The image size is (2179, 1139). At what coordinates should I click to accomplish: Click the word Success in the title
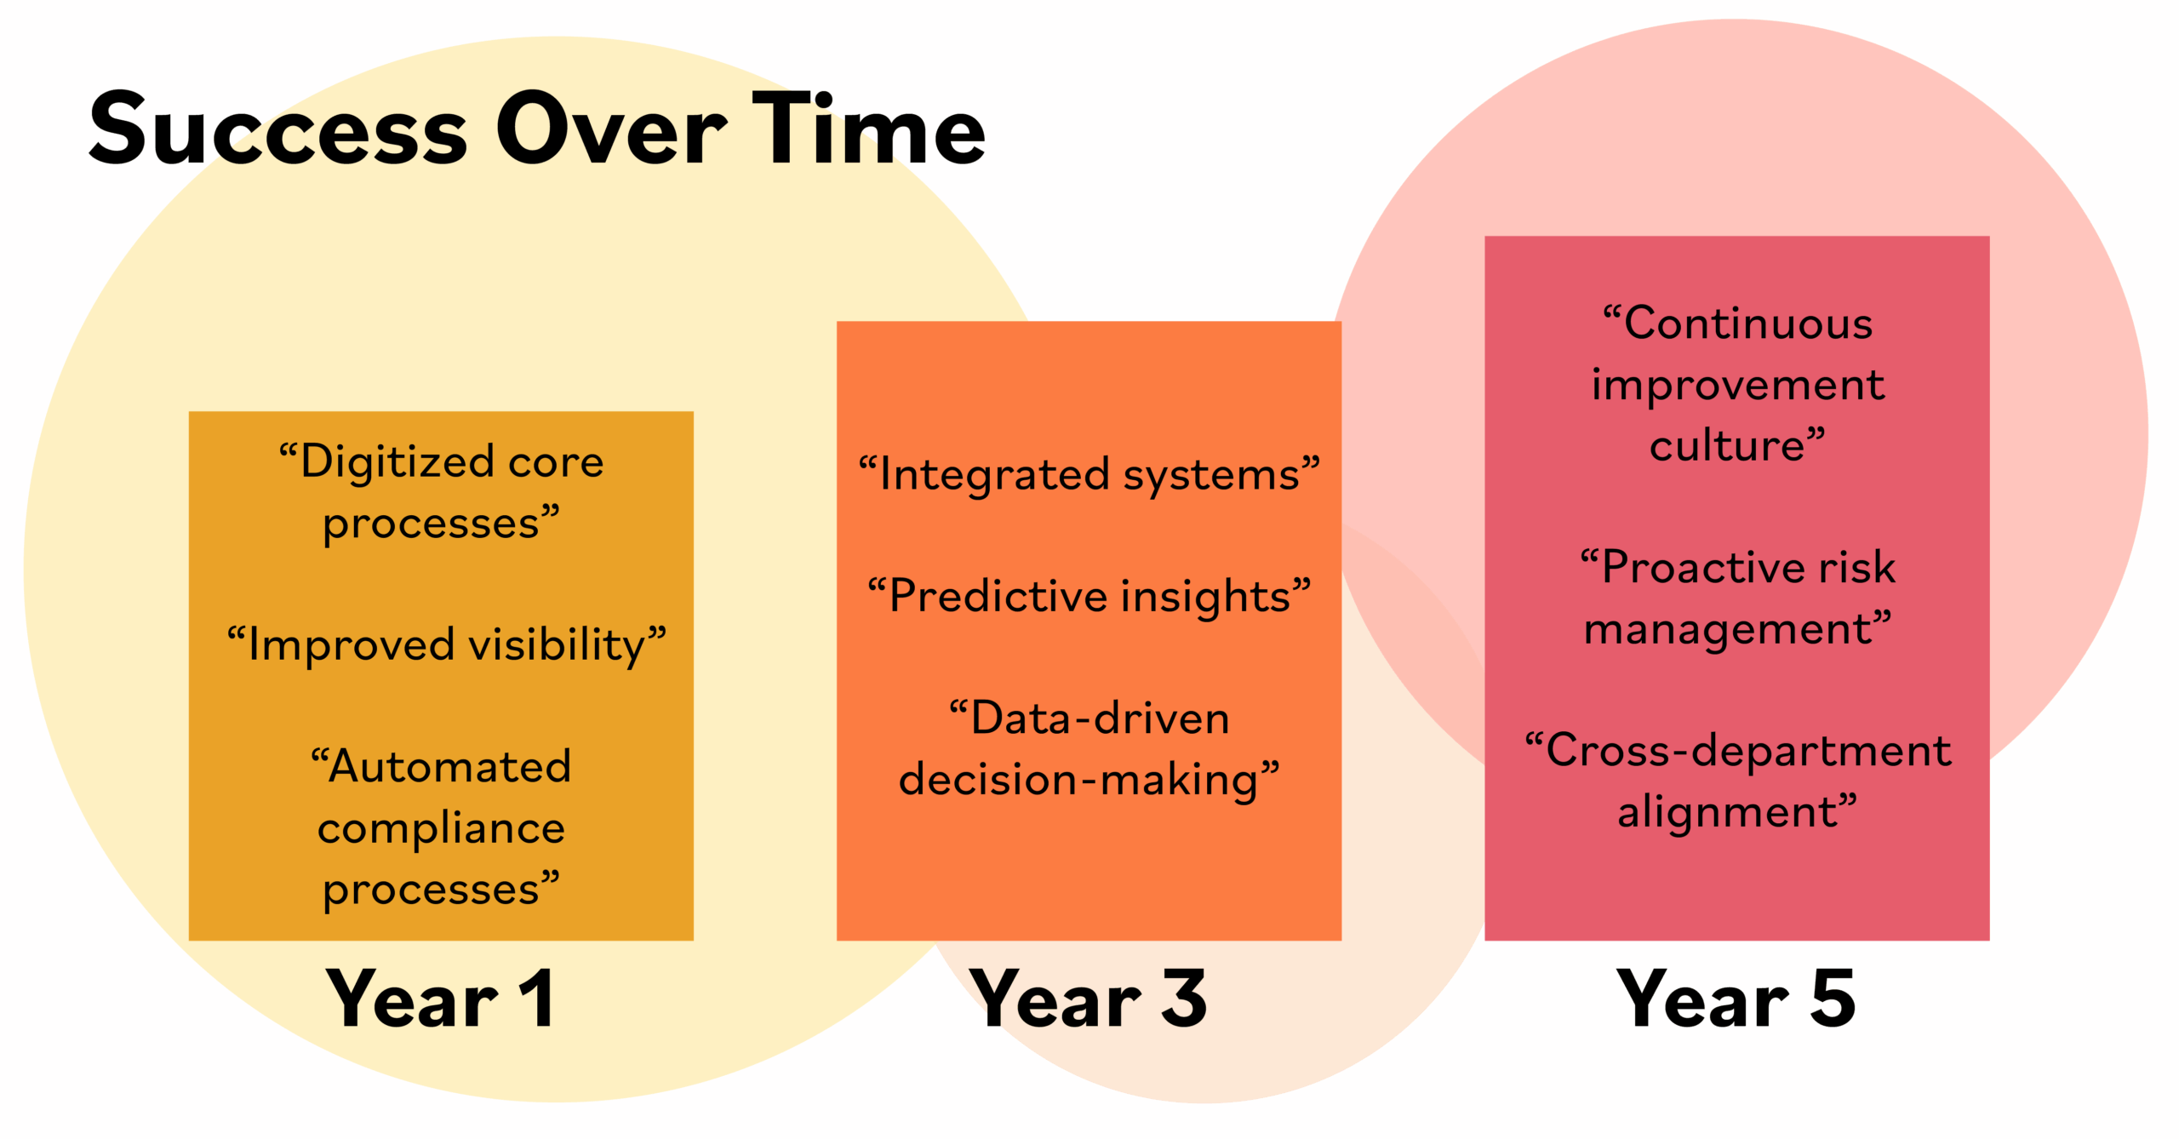278,129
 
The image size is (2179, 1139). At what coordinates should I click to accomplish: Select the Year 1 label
441,998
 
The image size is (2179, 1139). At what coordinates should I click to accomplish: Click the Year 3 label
1089,998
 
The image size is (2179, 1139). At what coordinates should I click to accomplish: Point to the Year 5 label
1736,998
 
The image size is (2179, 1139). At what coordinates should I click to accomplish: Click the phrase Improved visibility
447,644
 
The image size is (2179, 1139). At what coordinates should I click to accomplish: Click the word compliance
441,828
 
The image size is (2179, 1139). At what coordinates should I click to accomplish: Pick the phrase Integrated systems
1089,474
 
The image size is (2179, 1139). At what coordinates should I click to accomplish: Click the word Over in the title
611,129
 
